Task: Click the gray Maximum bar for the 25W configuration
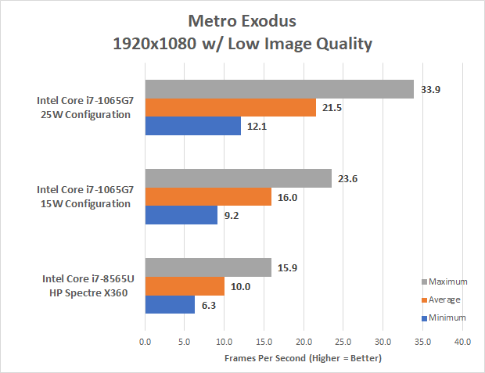278,89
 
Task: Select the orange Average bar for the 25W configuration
230,107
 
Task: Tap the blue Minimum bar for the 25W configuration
192,125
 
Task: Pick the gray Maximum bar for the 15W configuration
238,178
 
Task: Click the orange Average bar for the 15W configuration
208,196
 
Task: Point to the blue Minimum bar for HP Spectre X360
170,303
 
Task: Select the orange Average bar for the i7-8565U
185,285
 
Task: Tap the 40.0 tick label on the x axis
462,342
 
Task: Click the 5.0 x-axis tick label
184,342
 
